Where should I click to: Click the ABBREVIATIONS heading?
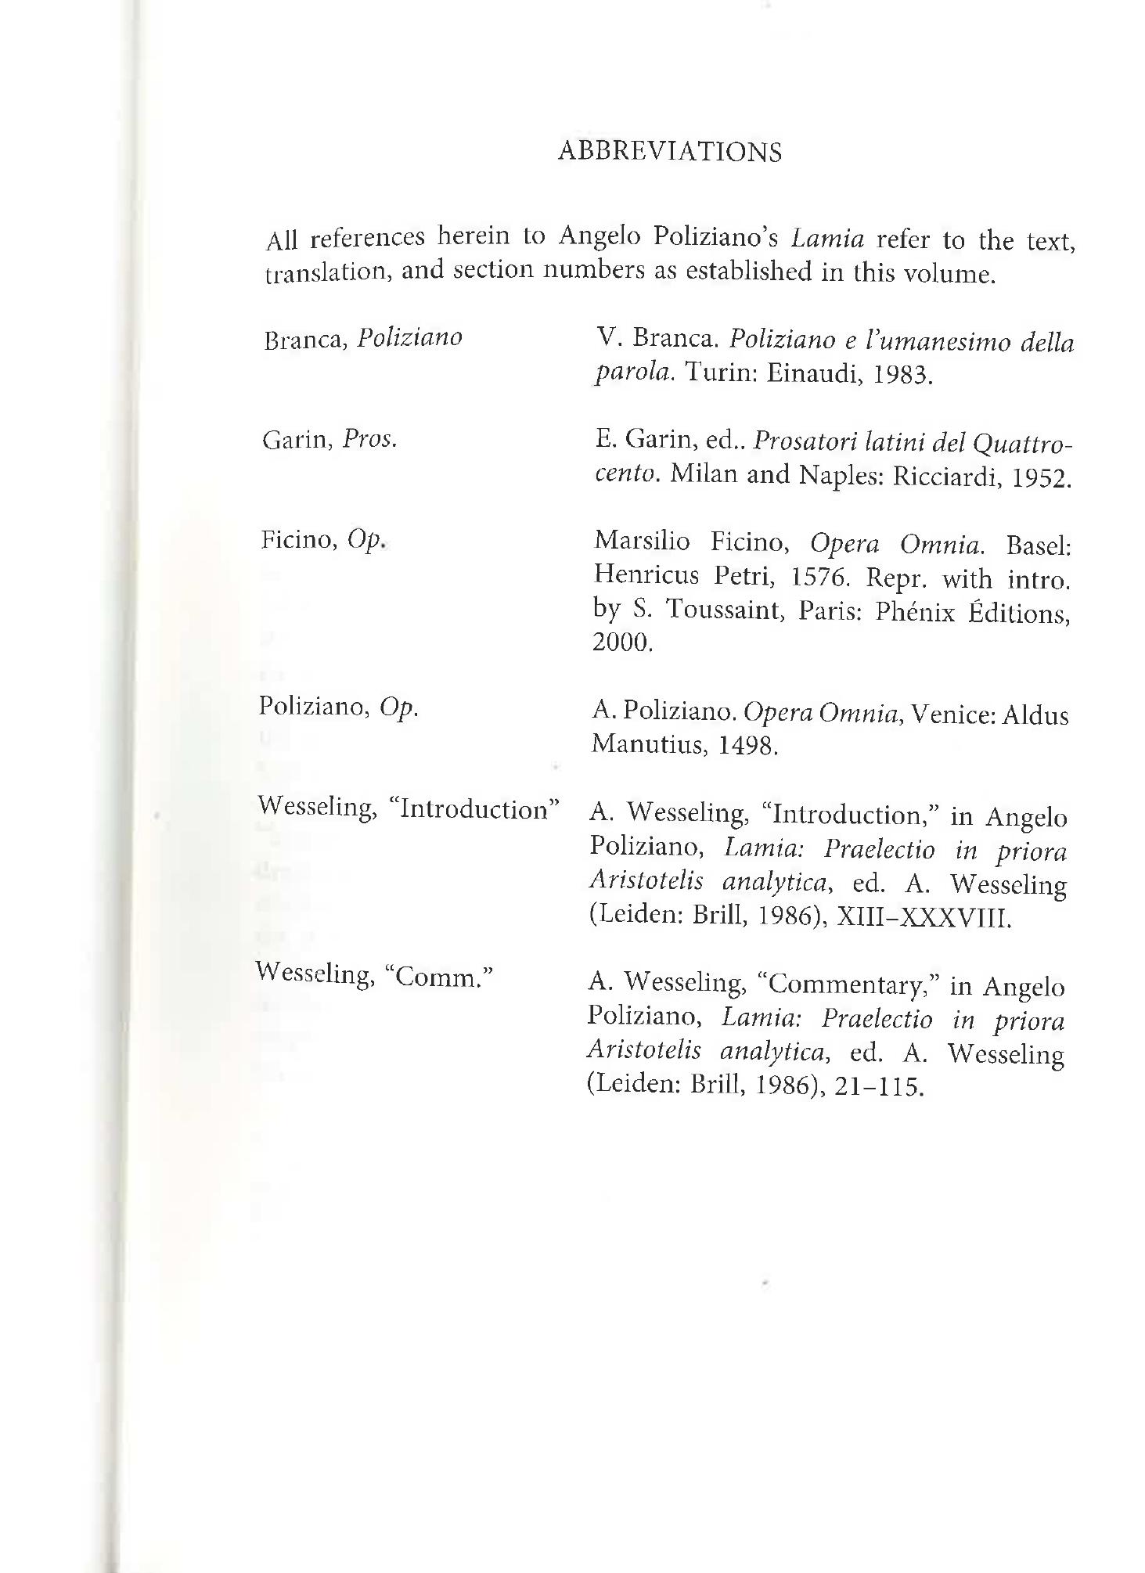669,151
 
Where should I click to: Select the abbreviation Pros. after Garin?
369,439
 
